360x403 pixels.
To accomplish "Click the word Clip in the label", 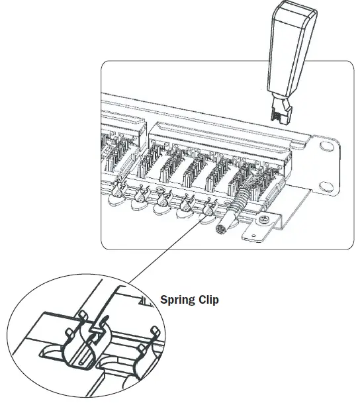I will (208, 300).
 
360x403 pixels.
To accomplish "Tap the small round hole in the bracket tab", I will (252, 233).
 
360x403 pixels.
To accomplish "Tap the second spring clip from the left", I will (142, 195).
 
